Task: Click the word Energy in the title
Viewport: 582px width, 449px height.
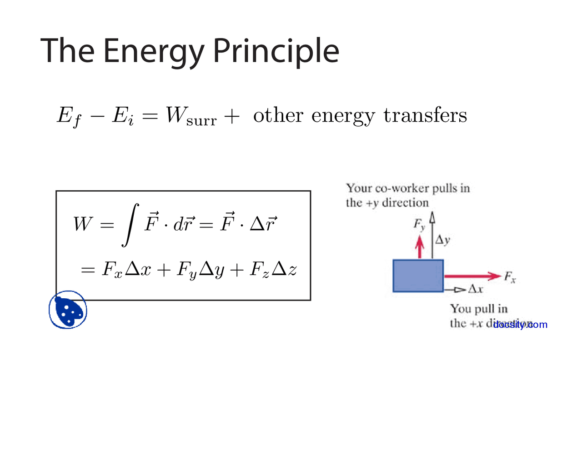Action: point(154,51)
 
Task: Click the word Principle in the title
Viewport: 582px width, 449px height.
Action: point(276,51)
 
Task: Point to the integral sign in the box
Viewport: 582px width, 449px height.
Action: point(130,224)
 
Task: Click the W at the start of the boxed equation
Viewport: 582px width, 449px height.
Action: point(83,224)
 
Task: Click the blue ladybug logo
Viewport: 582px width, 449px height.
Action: point(68,310)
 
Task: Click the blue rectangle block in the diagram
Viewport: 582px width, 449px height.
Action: point(418,276)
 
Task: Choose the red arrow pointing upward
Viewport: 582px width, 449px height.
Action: point(420,247)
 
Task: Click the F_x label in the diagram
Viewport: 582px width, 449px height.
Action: point(510,276)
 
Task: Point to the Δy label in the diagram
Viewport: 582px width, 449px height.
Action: point(442,240)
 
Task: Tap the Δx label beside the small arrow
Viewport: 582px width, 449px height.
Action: point(475,289)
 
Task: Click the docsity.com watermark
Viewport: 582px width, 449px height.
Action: point(520,325)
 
